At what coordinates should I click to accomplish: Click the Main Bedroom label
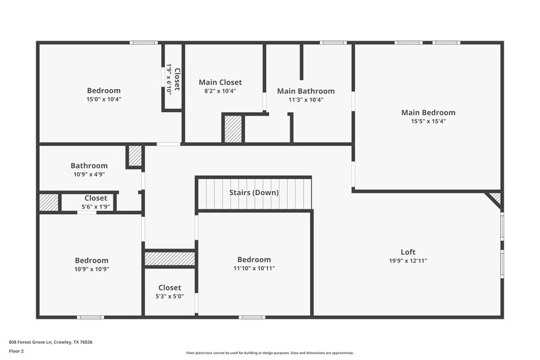(428, 113)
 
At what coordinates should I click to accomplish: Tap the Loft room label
(408, 252)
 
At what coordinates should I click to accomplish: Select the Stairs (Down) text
(254, 192)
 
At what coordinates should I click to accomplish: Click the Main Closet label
(220, 82)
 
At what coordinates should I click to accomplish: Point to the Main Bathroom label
(306, 91)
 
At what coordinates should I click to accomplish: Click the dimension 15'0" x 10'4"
(104, 99)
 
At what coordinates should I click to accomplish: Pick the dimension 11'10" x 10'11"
(254, 268)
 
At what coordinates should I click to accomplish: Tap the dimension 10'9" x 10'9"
(92, 269)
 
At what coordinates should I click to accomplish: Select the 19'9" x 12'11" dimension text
(408, 261)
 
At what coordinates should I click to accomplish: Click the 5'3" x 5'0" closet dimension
(169, 296)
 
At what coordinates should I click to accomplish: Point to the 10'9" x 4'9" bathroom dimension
(89, 174)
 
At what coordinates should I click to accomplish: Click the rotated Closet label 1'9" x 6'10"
(173, 78)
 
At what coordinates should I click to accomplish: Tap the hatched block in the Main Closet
(233, 128)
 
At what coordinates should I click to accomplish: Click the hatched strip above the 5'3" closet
(169, 259)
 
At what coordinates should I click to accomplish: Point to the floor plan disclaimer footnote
(269, 353)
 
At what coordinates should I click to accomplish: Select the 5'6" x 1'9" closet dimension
(95, 206)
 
